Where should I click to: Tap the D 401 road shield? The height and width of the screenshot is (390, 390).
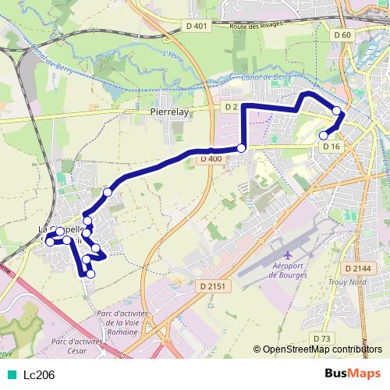click(x=199, y=26)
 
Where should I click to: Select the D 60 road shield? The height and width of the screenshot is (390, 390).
click(x=342, y=35)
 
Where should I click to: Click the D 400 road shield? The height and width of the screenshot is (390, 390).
click(x=211, y=159)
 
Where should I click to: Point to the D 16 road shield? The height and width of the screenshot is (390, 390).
click(x=331, y=147)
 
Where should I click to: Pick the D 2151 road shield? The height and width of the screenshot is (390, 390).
click(x=211, y=286)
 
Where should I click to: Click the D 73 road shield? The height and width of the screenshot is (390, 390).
click(x=322, y=338)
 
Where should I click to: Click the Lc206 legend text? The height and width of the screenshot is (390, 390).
click(x=39, y=374)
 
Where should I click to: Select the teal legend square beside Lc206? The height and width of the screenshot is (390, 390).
click(x=11, y=374)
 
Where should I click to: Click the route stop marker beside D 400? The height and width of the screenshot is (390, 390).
click(x=241, y=148)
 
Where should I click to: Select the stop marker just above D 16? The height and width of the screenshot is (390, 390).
click(x=324, y=136)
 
